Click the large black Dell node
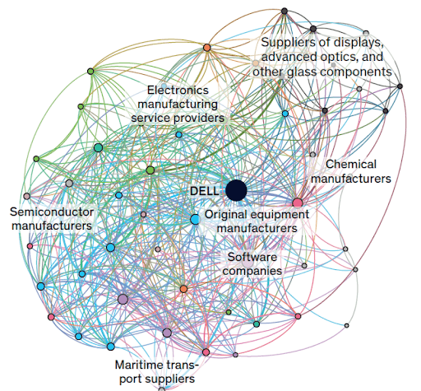click(x=236, y=190)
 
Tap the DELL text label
click(x=205, y=191)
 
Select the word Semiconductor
click(x=52, y=212)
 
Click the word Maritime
click(x=135, y=365)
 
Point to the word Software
click(x=252, y=257)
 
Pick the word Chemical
click(x=351, y=165)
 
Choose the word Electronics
click(x=178, y=90)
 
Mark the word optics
click(x=340, y=57)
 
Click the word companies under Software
click(x=252, y=271)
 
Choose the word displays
click(x=359, y=43)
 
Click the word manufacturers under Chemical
click(x=351, y=179)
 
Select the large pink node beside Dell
click(x=298, y=203)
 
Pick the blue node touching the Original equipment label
click(x=195, y=220)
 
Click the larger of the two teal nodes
click(x=98, y=148)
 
